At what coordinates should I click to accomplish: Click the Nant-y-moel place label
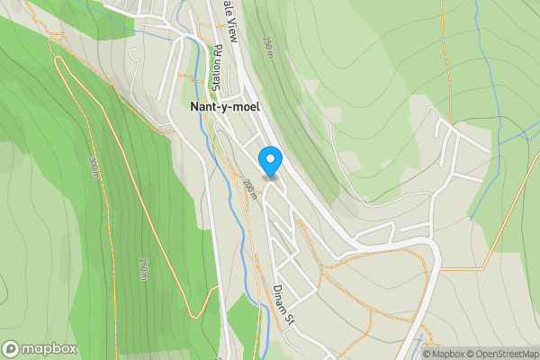(x=225, y=105)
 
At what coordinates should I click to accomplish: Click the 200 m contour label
(x=249, y=189)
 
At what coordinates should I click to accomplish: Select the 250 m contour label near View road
(x=268, y=47)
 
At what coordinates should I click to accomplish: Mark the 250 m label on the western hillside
(x=144, y=270)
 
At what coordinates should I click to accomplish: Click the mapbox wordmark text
(x=49, y=349)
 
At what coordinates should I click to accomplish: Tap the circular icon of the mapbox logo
(x=11, y=349)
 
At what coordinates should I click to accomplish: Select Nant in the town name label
(x=203, y=105)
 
